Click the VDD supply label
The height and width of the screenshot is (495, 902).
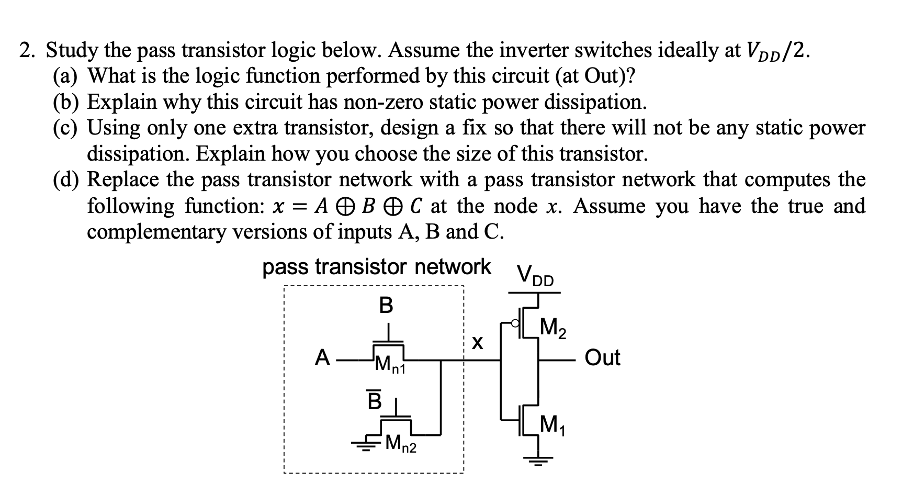(x=535, y=276)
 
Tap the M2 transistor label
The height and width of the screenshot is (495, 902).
(x=553, y=329)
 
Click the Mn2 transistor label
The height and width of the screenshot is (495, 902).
(x=401, y=445)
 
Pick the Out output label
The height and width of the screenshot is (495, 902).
(x=602, y=358)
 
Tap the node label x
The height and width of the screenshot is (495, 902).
(x=477, y=343)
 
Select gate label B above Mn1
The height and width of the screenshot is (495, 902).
(x=386, y=305)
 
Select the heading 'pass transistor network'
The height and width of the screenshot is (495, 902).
(x=377, y=267)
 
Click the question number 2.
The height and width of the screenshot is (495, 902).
(x=27, y=51)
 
